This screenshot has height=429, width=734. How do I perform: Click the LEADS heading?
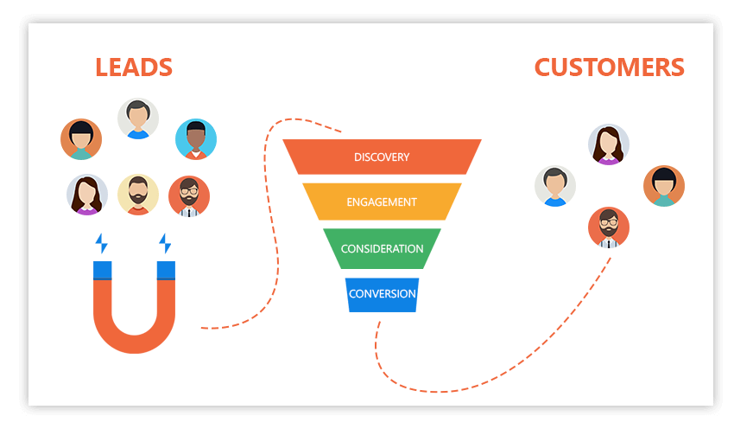[x=134, y=67]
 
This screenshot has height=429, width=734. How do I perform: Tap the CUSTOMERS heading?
[x=609, y=67]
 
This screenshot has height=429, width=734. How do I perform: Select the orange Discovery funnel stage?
[x=382, y=157]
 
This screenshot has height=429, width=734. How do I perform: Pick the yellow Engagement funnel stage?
[x=382, y=202]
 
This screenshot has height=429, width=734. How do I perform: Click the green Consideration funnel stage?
[x=382, y=249]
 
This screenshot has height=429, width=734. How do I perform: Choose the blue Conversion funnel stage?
[x=382, y=294]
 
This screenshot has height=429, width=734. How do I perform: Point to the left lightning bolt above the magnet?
[x=102, y=243]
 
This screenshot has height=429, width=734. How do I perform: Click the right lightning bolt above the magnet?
[x=165, y=243]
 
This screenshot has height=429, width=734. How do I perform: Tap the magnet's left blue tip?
[x=103, y=270]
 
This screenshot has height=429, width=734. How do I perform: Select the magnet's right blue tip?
[x=166, y=270]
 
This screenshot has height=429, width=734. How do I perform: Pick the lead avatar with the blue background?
[x=196, y=139]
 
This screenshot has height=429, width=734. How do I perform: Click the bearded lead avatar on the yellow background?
[x=138, y=195]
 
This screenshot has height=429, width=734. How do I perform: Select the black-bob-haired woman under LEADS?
[x=81, y=139]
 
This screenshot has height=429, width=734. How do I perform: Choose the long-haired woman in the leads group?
[x=87, y=195]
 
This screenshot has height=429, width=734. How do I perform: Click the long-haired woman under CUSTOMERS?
[x=609, y=144]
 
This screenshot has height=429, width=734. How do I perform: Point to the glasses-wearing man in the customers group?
[x=609, y=227]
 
